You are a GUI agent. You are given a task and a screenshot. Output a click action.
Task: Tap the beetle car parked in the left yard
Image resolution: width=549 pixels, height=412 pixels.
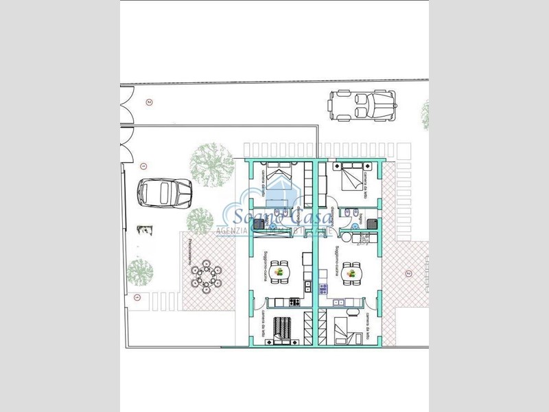159,193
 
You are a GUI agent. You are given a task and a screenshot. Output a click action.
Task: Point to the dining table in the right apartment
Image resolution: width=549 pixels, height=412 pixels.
352,273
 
